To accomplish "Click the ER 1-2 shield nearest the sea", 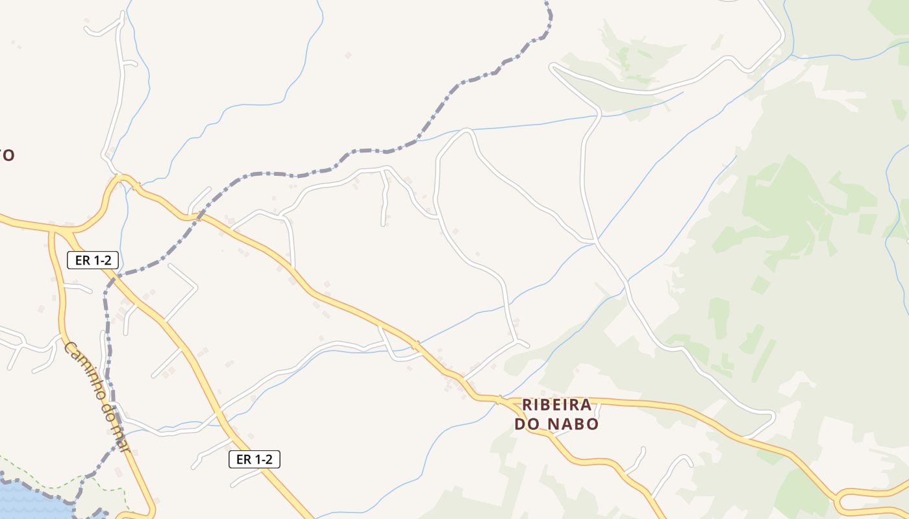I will [x=255, y=459].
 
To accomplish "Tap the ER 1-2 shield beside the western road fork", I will [x=93, y=261].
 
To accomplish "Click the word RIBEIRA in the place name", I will [x=556, y=405].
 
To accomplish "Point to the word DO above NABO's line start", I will [x=527, y=424].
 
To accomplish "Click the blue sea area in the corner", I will [x=26, y=503].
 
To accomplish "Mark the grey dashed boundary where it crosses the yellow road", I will [x=198, y=215].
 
